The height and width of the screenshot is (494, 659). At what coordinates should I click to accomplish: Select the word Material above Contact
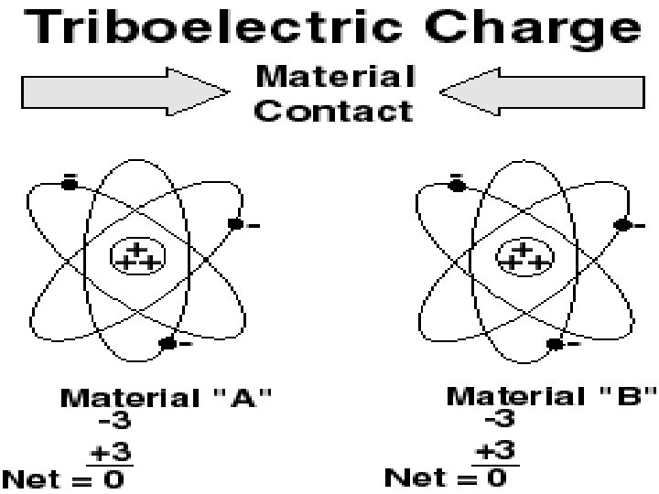click(335, 76)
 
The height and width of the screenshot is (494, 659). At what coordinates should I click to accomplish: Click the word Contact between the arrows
click(335, 111)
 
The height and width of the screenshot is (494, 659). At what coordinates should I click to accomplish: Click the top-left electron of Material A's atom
click(70, 184)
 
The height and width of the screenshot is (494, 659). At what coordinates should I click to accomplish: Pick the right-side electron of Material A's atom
click(235, 223)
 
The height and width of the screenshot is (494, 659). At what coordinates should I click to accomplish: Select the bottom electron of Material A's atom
click(167, 344)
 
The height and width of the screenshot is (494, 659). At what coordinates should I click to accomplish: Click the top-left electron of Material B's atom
click(457, 185)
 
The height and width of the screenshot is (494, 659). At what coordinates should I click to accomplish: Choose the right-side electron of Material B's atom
click(623, 224)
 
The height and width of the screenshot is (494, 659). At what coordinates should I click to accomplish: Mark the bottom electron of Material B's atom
click(555, 344)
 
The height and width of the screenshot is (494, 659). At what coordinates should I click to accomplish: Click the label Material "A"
click(166, 398)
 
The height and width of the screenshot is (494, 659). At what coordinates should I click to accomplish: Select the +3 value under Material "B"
click(499, 449)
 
